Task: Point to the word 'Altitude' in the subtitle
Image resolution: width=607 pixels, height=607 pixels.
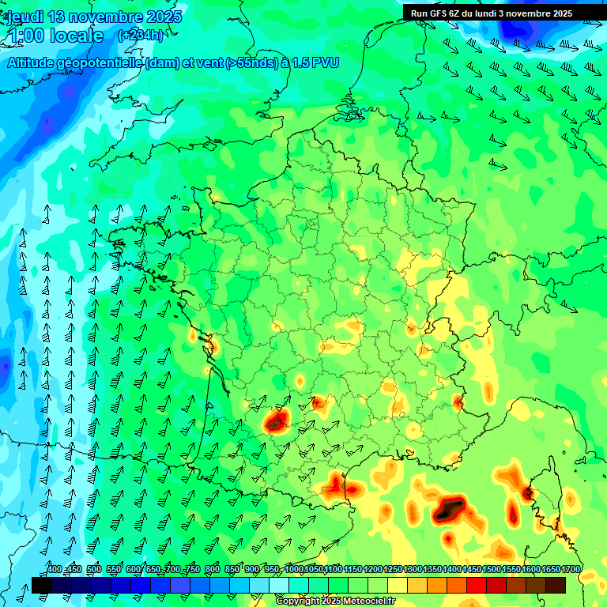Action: (36, 62)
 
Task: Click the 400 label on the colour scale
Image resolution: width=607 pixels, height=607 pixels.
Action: (54, 570)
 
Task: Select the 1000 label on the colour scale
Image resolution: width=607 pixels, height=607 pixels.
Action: (294, 570)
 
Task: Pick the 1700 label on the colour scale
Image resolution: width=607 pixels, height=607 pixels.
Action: (571, 570)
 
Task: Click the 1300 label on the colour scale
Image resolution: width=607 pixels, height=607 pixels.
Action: (413, 570)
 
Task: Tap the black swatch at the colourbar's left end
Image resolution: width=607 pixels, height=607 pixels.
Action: (42, 586)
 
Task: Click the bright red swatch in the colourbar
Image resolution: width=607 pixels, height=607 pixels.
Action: (477, 586)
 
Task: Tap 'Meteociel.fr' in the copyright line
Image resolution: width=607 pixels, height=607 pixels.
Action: (365, 601)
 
